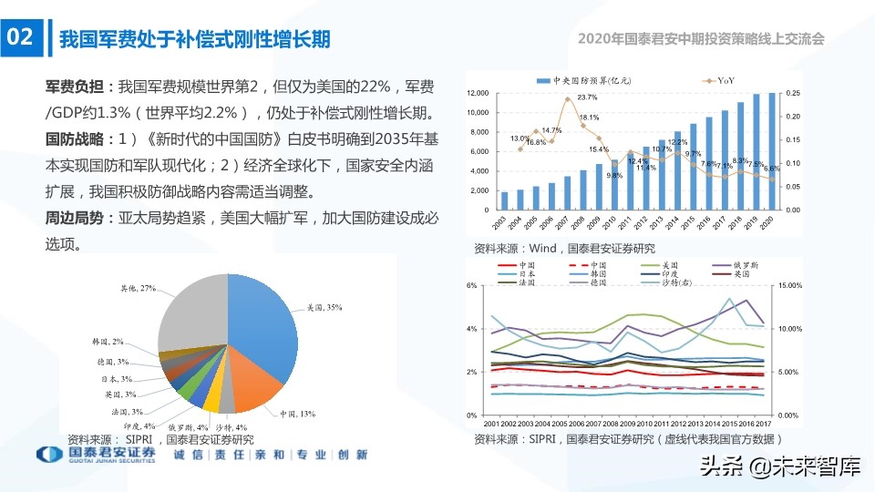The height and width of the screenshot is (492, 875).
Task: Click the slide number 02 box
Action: [x=21, y=37]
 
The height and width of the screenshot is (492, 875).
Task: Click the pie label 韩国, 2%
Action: [x=108, y=342]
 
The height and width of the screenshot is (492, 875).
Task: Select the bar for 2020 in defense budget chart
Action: [x=772, y=151]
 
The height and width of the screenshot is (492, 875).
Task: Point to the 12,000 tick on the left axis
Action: [x=479, y=94]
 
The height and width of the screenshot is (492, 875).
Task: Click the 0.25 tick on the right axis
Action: [x=794, y=94]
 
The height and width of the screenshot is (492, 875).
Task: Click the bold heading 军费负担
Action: [x=75, y=87]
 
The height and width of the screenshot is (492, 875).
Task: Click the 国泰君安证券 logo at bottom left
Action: [x=96, y=455]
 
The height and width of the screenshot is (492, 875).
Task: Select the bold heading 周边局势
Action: [x=75, y=219]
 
